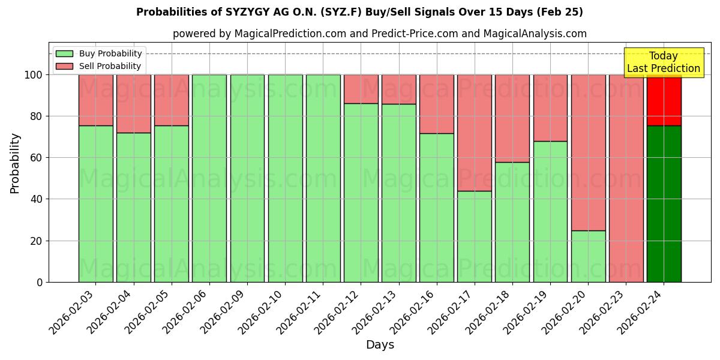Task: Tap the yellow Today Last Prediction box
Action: tap(664, 62)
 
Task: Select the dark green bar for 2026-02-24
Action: tap(664, 204)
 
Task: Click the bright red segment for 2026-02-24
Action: tap(664, 100)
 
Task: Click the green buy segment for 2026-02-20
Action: tap(588, 256)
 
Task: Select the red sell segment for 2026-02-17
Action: tap(474, 133)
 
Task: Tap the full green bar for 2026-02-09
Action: tap(247, 178)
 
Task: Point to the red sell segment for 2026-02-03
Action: tap(95, 100)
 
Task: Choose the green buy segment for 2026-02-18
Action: tap(512, 222)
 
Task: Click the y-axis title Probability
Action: tap(15, 163)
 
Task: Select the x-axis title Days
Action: tap(380, 345)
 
